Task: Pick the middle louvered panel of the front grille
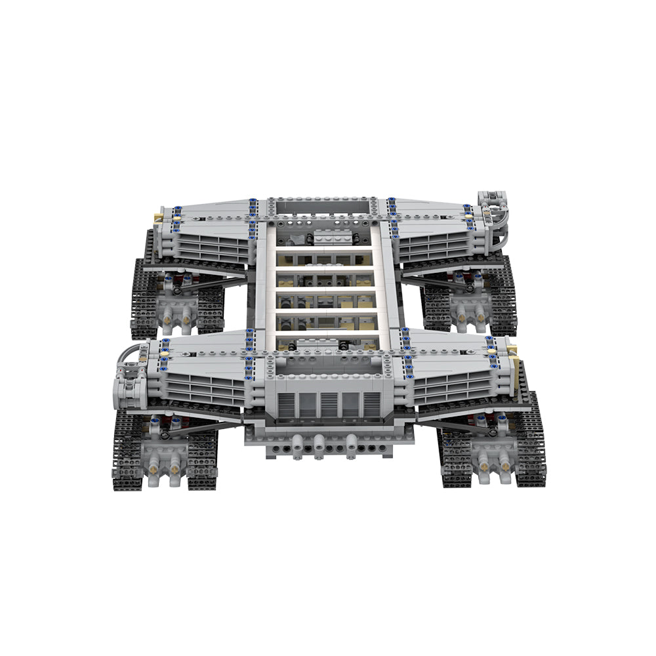point(327,405)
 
